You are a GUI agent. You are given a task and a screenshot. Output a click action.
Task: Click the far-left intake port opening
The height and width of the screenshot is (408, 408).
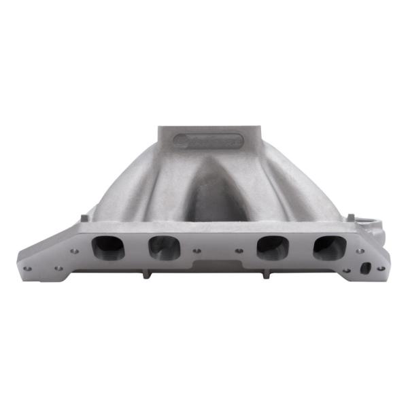tap(108, 248)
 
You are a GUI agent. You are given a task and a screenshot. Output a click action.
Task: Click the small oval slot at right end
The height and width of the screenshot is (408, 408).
tap(365, 268)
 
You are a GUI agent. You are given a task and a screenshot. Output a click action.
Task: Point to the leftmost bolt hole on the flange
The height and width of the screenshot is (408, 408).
tap(27, 268)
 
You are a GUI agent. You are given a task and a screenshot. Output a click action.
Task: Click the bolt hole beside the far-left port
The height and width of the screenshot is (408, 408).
tap(74, 251)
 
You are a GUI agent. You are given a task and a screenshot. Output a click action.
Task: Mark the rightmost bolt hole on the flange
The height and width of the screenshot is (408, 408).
tap(381, 268)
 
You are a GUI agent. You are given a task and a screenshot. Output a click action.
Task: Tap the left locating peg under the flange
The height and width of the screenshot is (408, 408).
tap(145, 274)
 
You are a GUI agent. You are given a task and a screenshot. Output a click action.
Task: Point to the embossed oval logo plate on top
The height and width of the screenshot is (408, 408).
tap(208, 140)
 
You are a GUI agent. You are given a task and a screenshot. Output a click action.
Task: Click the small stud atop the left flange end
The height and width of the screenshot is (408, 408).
tap(84, 218)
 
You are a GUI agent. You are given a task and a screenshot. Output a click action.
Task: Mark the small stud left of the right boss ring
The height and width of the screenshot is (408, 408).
tap(350, 217)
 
